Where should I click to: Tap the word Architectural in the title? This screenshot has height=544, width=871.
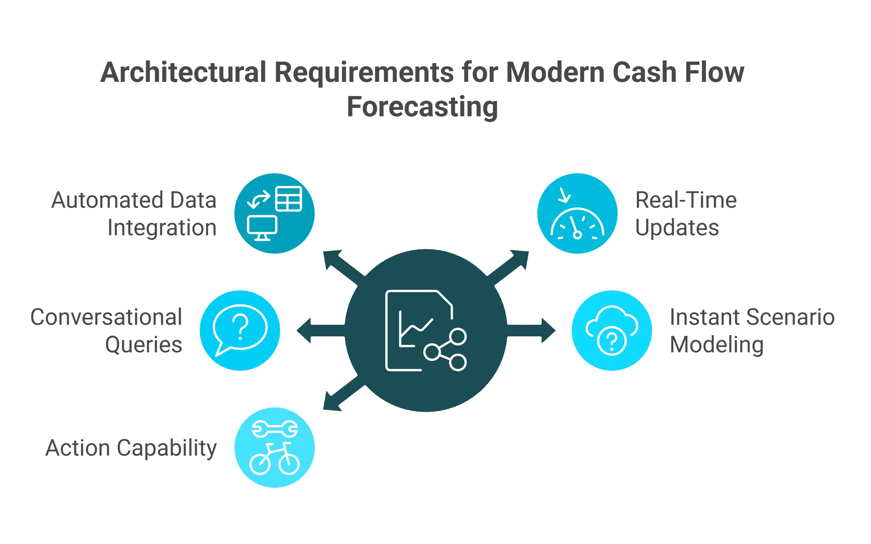[183, 72]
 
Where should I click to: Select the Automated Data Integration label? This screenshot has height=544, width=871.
[134, 213]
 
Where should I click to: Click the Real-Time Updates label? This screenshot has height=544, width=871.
[685, 213]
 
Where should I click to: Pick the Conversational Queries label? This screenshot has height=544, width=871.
[106, 331]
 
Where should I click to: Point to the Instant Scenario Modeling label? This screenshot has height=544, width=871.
[752, 331]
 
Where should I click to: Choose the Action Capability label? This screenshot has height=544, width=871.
[131, 448]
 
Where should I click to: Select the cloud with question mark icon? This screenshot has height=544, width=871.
[612, 330]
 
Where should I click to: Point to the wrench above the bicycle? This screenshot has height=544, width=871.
[275, 429]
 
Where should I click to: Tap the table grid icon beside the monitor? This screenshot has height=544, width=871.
[289, 199]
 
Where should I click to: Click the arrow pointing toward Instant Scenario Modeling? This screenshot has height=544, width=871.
[536, 331]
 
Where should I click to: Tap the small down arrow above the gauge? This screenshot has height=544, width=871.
[564, 195]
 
